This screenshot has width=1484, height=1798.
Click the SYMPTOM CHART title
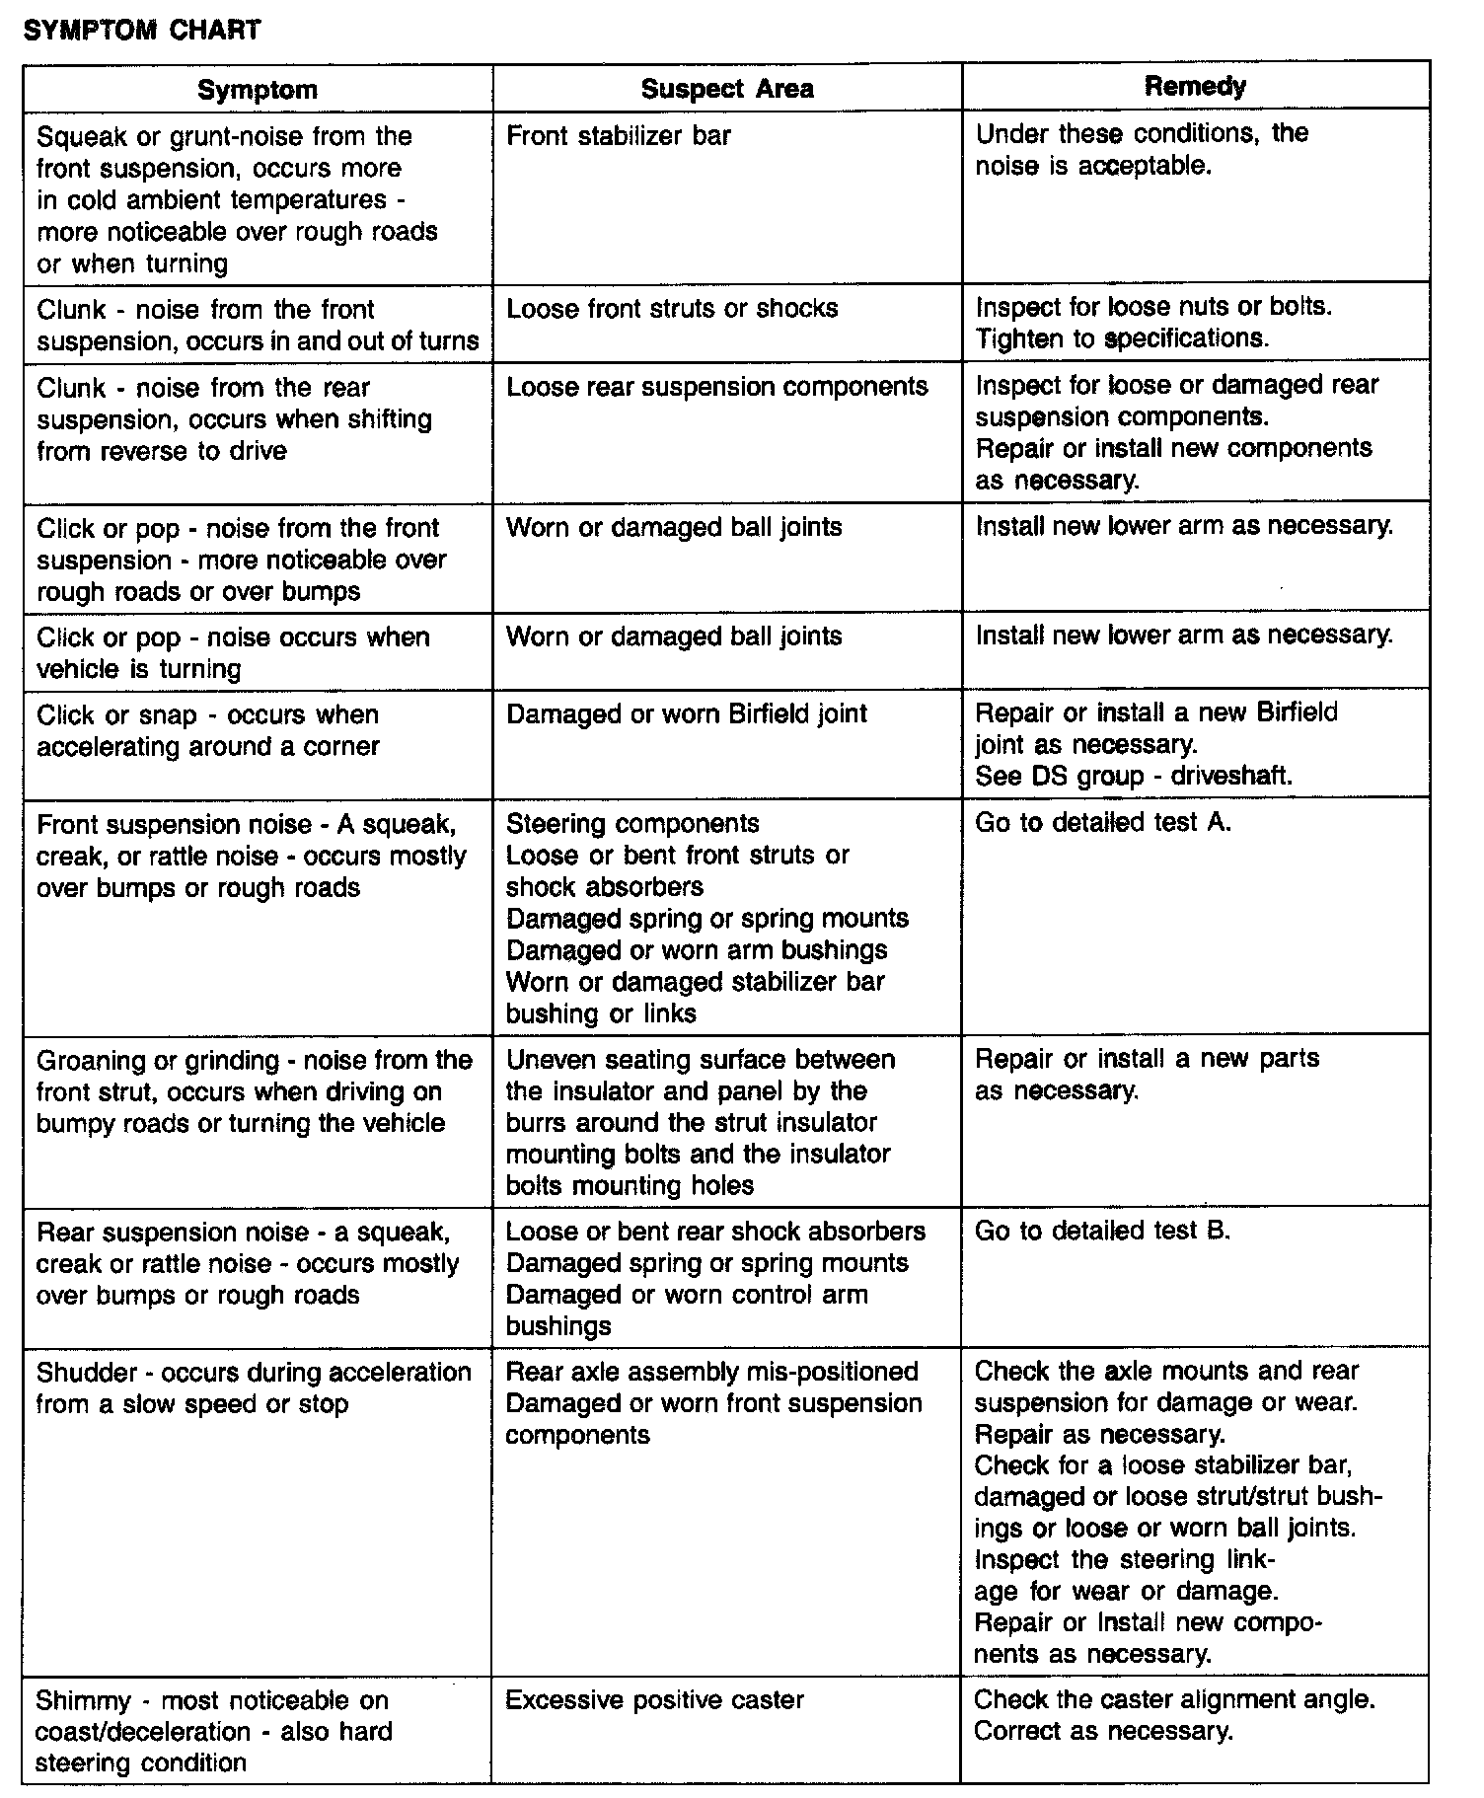click(x=141, y=30)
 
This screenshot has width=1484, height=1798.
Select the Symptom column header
click(x=258, y=90)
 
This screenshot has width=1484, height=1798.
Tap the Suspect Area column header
click(x=727, y=89)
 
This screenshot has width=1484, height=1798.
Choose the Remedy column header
click(x=1195, y=86)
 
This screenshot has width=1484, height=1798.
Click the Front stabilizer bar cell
click(x=619, y=135)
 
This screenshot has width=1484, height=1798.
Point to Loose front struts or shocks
click(x=672, y=308)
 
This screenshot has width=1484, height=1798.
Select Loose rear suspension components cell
click(x=717, y=386)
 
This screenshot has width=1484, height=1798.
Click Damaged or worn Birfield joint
click(x=687, y=713)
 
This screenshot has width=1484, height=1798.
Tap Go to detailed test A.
click(x=1103, y=822)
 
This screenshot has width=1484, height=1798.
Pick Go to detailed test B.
click(x=1102, y=1231)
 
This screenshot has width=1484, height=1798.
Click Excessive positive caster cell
click(x=654, y=1699)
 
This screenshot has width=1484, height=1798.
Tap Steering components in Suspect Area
click(x=632, y=823)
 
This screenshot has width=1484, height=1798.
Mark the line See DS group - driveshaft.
click(x=1134, y=776)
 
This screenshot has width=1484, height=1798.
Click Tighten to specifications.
click(x=1122, y=338)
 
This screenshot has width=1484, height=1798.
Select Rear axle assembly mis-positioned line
click(x=711, y=1372)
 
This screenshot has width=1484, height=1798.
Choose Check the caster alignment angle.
click(x=1174, y=1699)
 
